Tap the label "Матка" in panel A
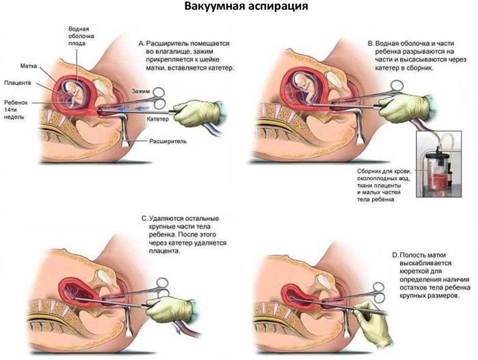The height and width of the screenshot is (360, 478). (29, 66)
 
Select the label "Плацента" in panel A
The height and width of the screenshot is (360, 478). (18, 83)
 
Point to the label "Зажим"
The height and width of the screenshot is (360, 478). (141, 91)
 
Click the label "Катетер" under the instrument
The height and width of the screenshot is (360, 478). (158, 118)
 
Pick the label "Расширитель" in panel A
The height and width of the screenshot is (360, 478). (168, 142)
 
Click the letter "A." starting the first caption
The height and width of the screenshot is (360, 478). (141, 44)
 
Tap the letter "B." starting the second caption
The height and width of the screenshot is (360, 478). (371, 44)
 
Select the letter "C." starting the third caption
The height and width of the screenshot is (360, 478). (145, 218)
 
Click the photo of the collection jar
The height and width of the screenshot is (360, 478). (439, 164)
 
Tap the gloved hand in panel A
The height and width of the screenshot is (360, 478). (197, 113)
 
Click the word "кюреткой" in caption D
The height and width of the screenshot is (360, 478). (412, 271)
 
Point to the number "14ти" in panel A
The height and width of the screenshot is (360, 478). (11, 110)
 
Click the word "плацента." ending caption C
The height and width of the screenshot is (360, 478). (165, 251)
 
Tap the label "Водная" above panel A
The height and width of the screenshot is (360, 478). (79, 29)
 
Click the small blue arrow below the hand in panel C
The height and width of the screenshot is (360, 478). (177, 329)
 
